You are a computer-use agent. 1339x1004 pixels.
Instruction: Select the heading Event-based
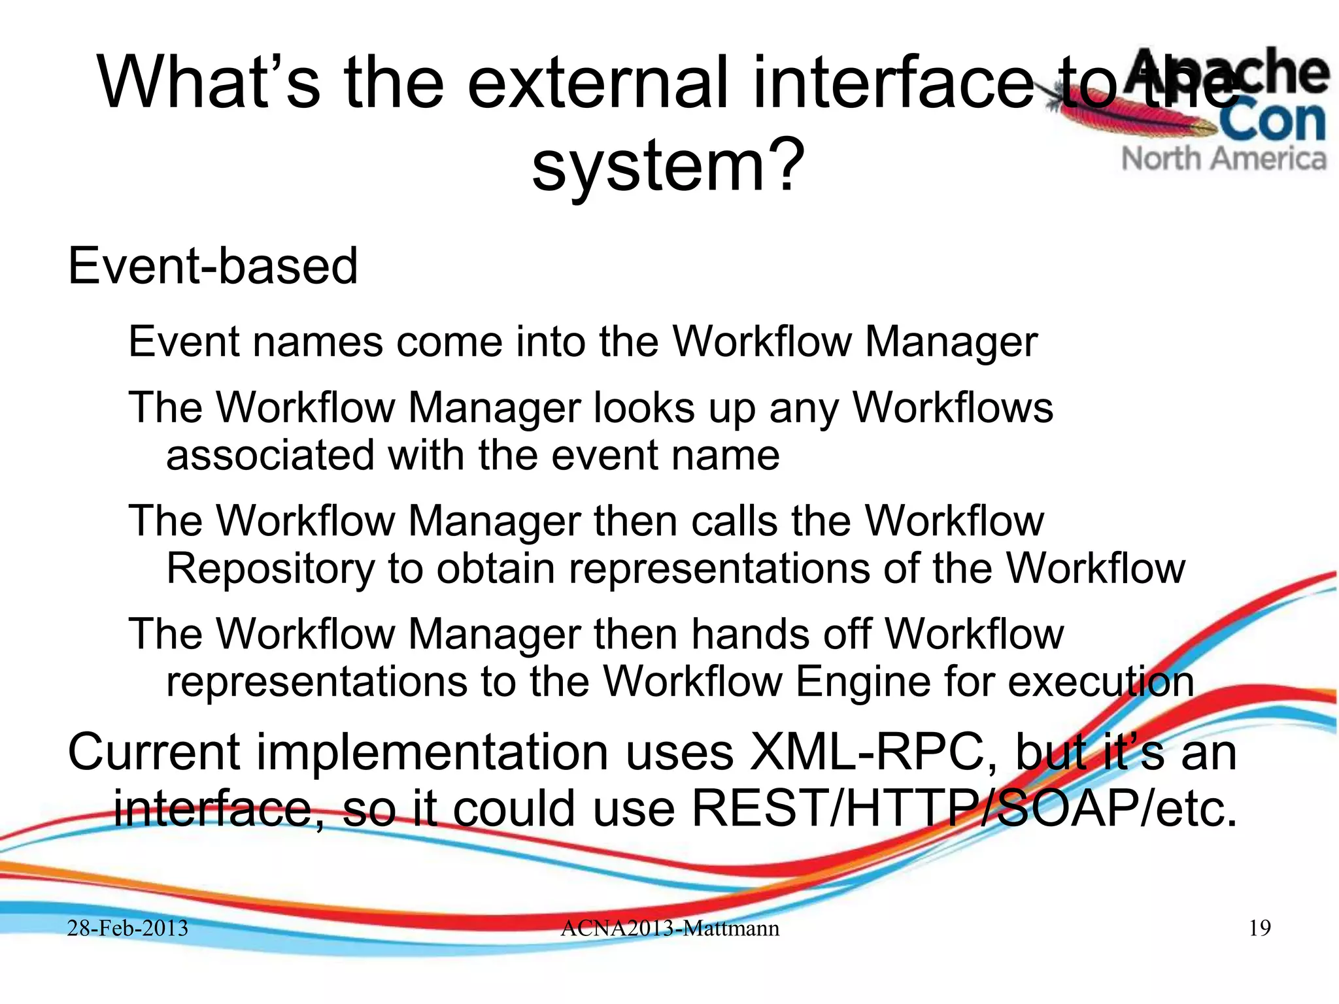coord(213,266)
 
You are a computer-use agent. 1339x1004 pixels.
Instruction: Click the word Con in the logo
coord(1272,121)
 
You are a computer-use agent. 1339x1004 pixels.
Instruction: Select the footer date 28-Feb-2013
coord(127,928)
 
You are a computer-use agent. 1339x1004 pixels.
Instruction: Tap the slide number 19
coord(1259,928)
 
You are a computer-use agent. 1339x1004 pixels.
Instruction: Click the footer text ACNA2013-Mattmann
coord(669,928)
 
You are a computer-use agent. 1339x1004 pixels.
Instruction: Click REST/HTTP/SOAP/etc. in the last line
coord(964,809)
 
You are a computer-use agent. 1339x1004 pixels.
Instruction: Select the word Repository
coord(270,568)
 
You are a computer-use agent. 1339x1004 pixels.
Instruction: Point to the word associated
coord(270,455)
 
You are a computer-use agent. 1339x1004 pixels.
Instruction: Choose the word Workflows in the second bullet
coord(953,408)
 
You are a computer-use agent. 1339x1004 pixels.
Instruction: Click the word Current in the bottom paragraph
coord(154,752)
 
